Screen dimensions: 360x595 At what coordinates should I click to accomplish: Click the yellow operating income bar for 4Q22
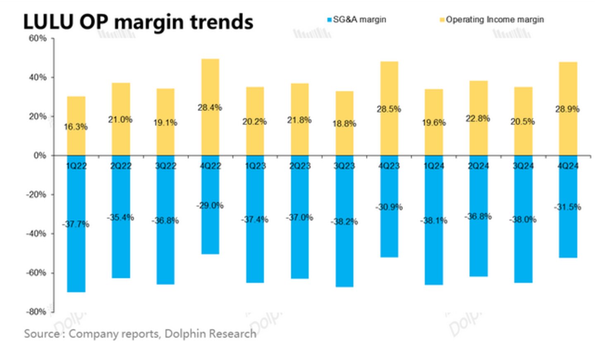pos(210,83)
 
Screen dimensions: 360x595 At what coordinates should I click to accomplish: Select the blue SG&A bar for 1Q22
pos(76,257)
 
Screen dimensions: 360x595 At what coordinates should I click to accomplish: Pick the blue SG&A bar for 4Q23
pos(389,236)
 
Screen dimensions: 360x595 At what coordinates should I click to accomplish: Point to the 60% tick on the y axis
pos(38,38)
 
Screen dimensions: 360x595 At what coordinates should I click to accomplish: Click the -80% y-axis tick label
pos(36,312)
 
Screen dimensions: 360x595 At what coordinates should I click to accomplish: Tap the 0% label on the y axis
pos(40,156)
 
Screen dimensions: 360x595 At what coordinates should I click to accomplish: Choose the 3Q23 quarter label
pos(344,166)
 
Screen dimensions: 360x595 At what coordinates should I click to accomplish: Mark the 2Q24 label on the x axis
pos(478,166)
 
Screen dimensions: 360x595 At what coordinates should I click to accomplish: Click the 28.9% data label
pos(567,109)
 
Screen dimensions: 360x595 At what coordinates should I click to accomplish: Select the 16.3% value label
pos(76,127)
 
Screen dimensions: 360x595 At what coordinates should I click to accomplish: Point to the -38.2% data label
pos(344,222)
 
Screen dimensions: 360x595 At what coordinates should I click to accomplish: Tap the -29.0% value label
pos(210,205)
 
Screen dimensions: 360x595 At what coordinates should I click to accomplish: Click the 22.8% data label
pos(478,119)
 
